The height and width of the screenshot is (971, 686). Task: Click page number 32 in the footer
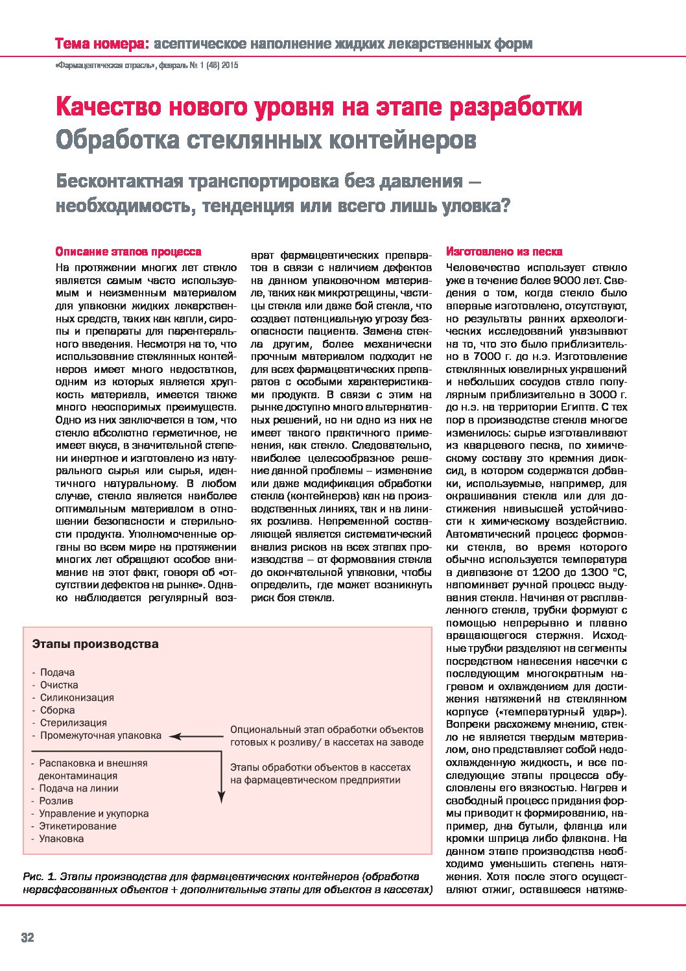tap(27, 937)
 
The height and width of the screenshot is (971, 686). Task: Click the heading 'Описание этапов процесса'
tap(128, 252)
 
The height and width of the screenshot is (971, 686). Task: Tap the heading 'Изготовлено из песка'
tap(504, 252)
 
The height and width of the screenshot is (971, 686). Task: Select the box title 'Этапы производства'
tap(95, 644)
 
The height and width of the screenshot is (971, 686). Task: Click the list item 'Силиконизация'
tap(77, 697)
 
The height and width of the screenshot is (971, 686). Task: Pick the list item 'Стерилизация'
tap(73, 723)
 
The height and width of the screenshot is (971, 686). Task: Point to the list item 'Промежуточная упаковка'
tap(101, 736)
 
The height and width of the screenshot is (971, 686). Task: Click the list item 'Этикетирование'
tap(78, 826)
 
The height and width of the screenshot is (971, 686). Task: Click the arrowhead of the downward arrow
tap(221, 798)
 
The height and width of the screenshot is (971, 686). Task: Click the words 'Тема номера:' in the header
tap(102, 44)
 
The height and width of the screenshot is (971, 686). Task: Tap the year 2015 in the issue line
tap(230, 65)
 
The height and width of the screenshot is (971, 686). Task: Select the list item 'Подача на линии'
tap(78, 788)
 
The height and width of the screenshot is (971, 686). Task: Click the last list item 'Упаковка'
tap(61, 839)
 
